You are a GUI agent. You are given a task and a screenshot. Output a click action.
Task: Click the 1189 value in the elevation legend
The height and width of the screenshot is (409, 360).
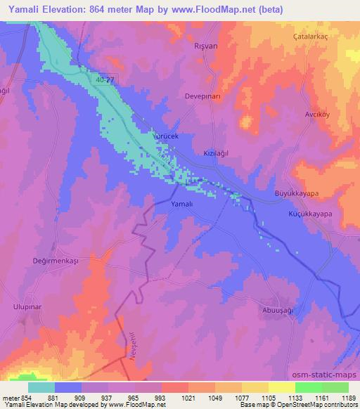coord(347,398)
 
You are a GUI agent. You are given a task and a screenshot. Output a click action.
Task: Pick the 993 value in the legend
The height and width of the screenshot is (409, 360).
coord(149,398)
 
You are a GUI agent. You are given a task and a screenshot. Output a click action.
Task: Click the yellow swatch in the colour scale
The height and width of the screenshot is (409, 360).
coord(281,387)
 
